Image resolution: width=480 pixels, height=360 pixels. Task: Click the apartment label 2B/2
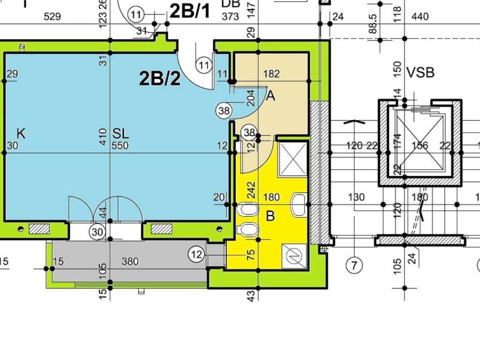pos(160,78)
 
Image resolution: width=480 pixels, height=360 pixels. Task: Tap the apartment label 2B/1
pos(190,11)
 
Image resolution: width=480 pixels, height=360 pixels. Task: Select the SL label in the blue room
pos(120,134)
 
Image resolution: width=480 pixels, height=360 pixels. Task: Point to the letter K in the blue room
pos(21,134)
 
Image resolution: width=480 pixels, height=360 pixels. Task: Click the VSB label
pos(420,73)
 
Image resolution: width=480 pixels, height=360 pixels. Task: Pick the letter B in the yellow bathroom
pos(270,216)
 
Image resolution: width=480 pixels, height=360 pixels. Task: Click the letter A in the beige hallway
pos(271,96)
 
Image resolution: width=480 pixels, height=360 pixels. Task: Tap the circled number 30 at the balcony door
pos(97,232)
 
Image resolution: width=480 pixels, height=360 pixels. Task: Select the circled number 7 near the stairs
pos(354,265)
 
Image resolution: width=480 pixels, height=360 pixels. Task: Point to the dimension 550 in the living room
pos(120,145)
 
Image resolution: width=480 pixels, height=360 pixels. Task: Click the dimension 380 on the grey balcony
pos(130,261)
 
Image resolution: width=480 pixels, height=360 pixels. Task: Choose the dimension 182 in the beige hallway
pos(271,74)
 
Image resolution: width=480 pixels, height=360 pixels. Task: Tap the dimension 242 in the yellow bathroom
pos(251,190)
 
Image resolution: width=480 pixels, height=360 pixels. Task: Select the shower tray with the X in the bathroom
pos(292,159)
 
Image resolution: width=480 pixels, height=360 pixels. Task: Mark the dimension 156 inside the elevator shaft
pos(420,145)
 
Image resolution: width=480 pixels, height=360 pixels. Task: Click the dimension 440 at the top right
pos(420,16)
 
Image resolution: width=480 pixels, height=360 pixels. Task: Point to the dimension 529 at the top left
pos(52,16)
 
